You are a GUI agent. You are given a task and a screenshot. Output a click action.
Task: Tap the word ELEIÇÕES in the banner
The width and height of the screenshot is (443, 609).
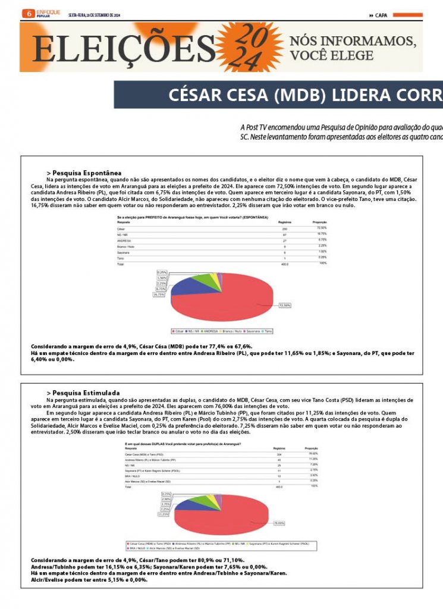coord(124,48)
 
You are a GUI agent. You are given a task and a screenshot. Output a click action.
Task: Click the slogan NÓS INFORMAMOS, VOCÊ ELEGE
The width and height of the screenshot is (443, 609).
coord(352,48)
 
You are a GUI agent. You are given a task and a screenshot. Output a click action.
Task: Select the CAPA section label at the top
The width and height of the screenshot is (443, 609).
coord(381,15)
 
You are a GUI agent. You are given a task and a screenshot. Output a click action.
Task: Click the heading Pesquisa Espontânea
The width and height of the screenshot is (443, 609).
coord(86,172)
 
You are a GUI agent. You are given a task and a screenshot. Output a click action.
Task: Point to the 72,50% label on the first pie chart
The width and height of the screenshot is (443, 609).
coord(285,305)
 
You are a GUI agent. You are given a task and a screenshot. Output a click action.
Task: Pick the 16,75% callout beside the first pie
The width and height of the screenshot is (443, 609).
coord(159,294)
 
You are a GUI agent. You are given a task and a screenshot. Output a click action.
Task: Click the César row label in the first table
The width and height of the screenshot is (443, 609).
coord(121,228)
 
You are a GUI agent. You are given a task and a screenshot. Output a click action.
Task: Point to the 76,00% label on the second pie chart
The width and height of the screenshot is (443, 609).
coord(279,523)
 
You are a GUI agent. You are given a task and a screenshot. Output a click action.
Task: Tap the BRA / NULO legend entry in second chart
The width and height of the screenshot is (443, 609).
coord(135,548)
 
